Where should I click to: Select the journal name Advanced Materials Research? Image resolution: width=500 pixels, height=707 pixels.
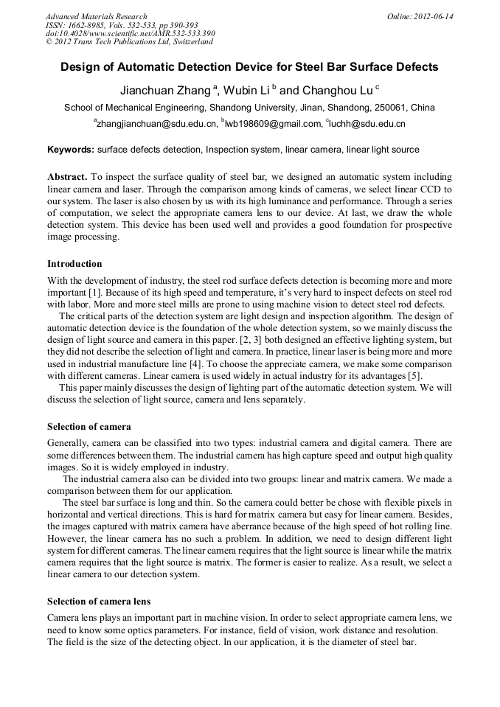(96, 16)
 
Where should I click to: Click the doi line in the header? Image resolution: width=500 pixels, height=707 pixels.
(130, 34)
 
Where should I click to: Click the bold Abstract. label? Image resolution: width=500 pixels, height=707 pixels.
(67, 178)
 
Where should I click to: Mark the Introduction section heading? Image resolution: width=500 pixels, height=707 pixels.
(74, 263)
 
